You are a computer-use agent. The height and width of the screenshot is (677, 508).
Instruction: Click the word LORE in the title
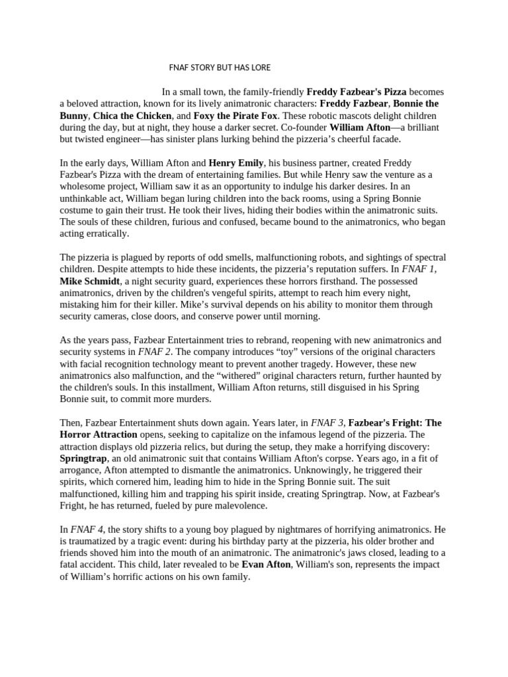pos(259,67)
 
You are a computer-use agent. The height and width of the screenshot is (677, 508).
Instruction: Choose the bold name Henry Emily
pos(236,163)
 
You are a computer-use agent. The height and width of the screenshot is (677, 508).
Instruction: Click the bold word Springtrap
pos(87,458)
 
